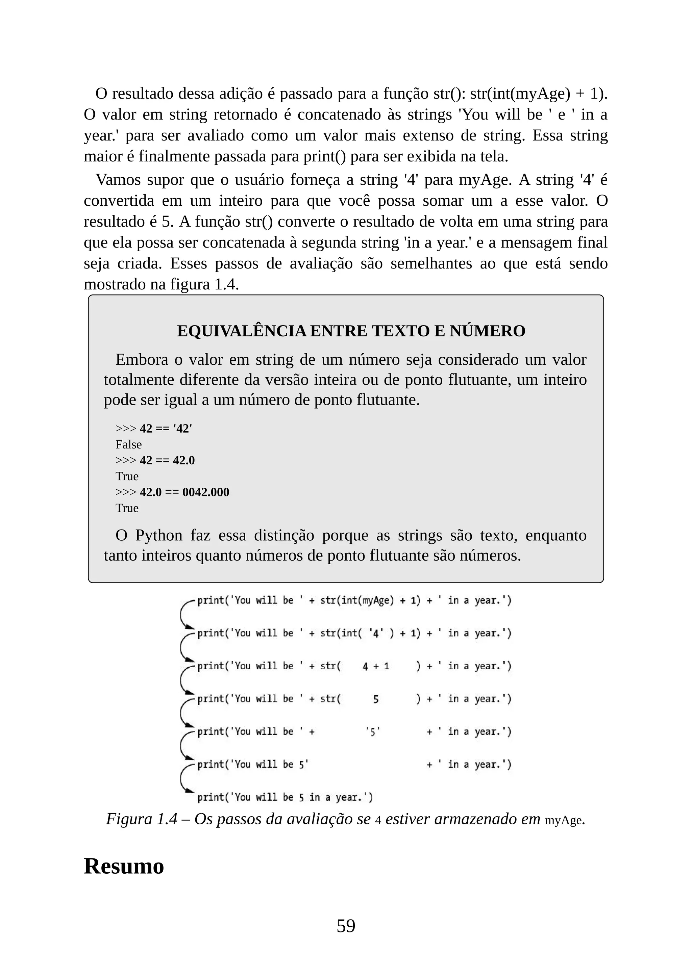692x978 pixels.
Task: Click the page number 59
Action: pyautogui.click(x=346, y=926)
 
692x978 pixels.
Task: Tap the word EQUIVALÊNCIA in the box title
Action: pyautogui.click(x=241, y=331)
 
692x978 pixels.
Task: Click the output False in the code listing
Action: pyautogui.click(x=128, y=444)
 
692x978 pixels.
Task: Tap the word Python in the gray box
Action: pyautogui.click(x=159, y=535)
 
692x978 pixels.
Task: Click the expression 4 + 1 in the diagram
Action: pyautogui.click(x=375, y=666)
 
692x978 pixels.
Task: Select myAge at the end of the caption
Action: pyautogui.click(x=563, y=820)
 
